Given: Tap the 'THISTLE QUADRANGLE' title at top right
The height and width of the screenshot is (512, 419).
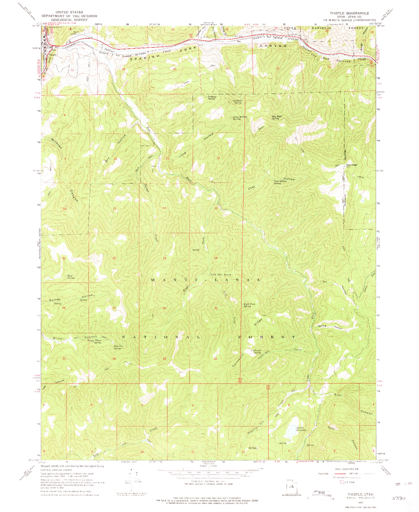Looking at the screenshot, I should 353,13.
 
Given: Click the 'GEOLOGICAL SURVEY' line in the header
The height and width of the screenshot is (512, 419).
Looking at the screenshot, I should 69,20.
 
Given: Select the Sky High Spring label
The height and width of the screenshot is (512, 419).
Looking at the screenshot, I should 277,117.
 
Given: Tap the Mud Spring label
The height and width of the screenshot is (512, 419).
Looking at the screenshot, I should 70,277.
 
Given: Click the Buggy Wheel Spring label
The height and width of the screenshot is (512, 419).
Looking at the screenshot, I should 94,341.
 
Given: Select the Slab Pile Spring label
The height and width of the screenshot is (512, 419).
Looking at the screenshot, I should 118,347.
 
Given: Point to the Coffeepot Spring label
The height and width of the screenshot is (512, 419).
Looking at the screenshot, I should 256,351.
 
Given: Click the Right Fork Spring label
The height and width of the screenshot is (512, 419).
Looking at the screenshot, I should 249,305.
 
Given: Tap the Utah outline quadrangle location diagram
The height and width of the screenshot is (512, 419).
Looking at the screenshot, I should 292,486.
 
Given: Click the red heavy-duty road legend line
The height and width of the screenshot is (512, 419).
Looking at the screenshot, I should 339,473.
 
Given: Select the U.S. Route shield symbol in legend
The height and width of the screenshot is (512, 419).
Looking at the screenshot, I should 342,482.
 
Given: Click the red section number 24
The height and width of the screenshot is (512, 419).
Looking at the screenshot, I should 216,258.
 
